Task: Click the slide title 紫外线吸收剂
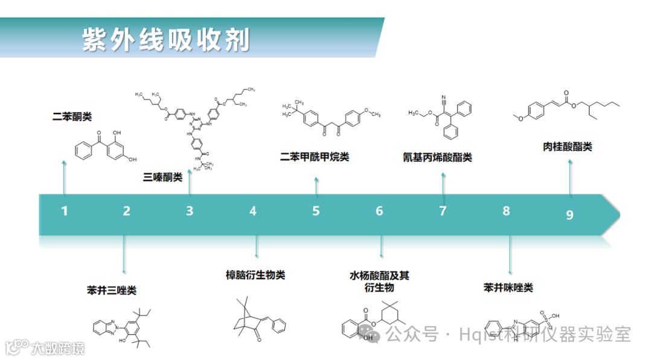click(x=166, y=40)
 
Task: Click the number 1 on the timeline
click(x=65, y=211)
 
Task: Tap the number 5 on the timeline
click(x=316, y=211)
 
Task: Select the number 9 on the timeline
click(x=569, y=215)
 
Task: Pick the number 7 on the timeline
click(x=443, y=211)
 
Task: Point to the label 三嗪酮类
click(x=162, y=178)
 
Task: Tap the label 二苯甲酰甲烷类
click(x=315, y=157)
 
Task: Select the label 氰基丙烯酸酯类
click(x=437, y=158)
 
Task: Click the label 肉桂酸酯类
click(x=567, y=147)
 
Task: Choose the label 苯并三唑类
click(x=112, y=291)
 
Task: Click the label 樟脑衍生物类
click(x=255, y=275)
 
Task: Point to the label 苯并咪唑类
click(x=508, y=288)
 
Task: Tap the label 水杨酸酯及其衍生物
click(x=379, y=281)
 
